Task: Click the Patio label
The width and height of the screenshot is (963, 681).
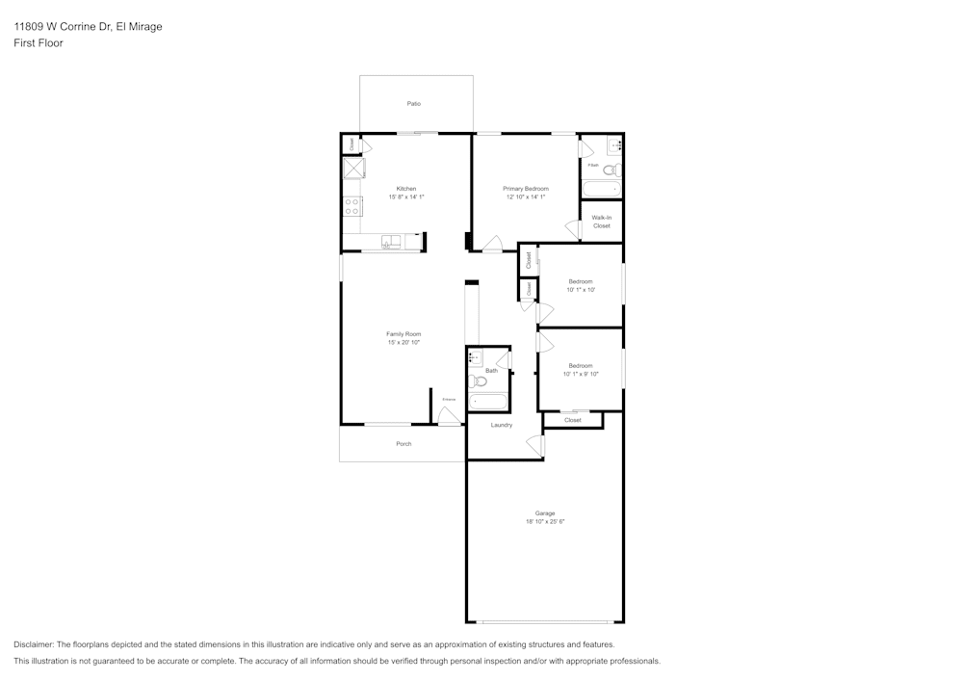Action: [414, 103]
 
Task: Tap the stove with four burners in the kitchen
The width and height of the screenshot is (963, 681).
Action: [352, 205]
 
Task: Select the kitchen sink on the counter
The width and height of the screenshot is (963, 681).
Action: [391, 242]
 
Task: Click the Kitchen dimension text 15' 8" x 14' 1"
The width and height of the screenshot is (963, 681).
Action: [406, 196]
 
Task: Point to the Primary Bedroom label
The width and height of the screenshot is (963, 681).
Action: [526, 188]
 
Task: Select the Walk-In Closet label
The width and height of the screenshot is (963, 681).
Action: [602, 222]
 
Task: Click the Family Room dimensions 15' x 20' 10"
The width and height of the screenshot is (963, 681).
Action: [403, 342]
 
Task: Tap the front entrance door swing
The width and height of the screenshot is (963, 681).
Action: [448, 416]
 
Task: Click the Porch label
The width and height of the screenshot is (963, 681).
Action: [403, 444]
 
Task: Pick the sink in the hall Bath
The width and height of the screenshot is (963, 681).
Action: [475, 357]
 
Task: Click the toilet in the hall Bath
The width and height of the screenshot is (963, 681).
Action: [479, 381]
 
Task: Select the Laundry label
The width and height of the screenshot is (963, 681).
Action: [502, 425]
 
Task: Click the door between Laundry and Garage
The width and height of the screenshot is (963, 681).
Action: [534, 445]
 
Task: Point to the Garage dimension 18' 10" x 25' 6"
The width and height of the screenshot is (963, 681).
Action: [545, 521]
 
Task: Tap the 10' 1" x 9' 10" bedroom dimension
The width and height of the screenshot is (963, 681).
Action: [581, 374]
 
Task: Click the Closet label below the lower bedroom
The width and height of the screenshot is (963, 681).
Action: [573, 420]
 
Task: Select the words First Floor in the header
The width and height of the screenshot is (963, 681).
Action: [39, 43]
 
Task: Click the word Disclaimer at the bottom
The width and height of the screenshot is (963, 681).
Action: [34, 644]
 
